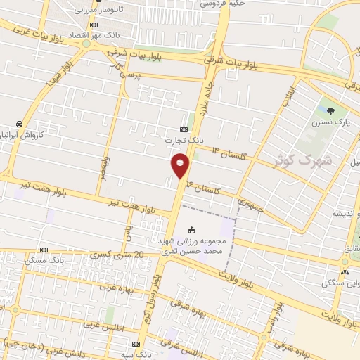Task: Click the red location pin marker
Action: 181,165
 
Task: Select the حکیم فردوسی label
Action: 223,4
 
